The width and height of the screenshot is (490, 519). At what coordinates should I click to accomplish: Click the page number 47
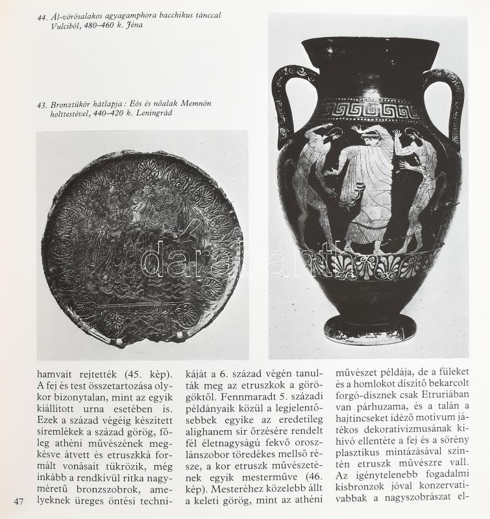point(18,500)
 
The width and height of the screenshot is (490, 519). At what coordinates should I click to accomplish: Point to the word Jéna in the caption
point(136,25)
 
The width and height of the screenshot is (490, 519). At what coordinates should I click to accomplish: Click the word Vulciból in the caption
point(56,25)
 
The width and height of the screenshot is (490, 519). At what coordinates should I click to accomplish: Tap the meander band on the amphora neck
point(367,109)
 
